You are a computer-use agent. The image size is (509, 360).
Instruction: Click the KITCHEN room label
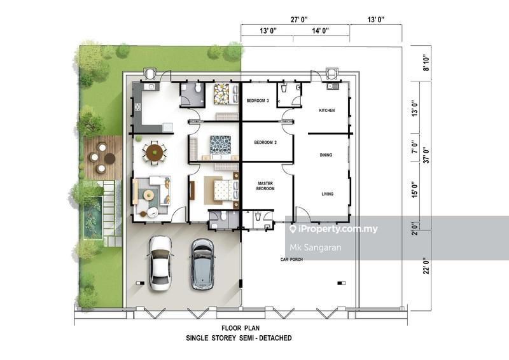326,111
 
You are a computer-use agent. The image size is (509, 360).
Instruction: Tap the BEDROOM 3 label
258,100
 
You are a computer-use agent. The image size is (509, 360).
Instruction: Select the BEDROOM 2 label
265,142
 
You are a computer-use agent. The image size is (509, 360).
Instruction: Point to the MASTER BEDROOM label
265,186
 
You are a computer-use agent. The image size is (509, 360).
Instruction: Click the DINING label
326,155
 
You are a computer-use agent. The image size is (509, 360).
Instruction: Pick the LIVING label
327,194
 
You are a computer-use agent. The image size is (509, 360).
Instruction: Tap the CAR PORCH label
291,260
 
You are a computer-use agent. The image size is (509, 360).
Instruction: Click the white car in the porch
160,263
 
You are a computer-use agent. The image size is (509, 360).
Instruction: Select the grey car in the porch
202,264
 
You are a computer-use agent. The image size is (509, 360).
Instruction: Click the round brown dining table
155,153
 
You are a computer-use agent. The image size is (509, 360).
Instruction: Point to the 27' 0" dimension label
298,20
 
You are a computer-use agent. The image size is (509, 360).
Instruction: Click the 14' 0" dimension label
321,31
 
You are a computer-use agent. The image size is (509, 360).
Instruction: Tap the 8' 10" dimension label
426,63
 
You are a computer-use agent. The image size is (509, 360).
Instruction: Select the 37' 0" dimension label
426,155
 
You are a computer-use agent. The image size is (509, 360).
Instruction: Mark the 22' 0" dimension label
426,266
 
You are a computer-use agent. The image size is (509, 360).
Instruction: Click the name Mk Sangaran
315,248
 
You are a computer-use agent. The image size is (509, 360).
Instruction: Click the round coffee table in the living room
149,195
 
